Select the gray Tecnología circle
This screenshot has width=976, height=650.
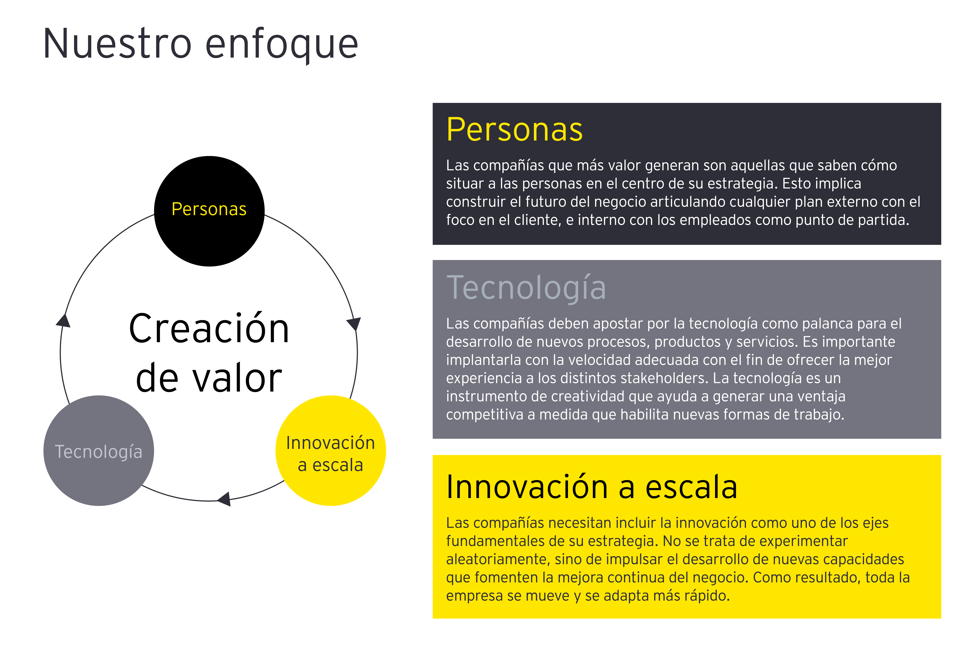tap(99, 451)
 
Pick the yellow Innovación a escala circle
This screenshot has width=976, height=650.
tap(331, 451)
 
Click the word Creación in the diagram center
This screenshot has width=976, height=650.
tap(209, 328)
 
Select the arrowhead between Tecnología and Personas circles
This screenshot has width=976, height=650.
tap(63, 320)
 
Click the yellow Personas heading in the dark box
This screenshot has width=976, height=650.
tap(514, 130)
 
